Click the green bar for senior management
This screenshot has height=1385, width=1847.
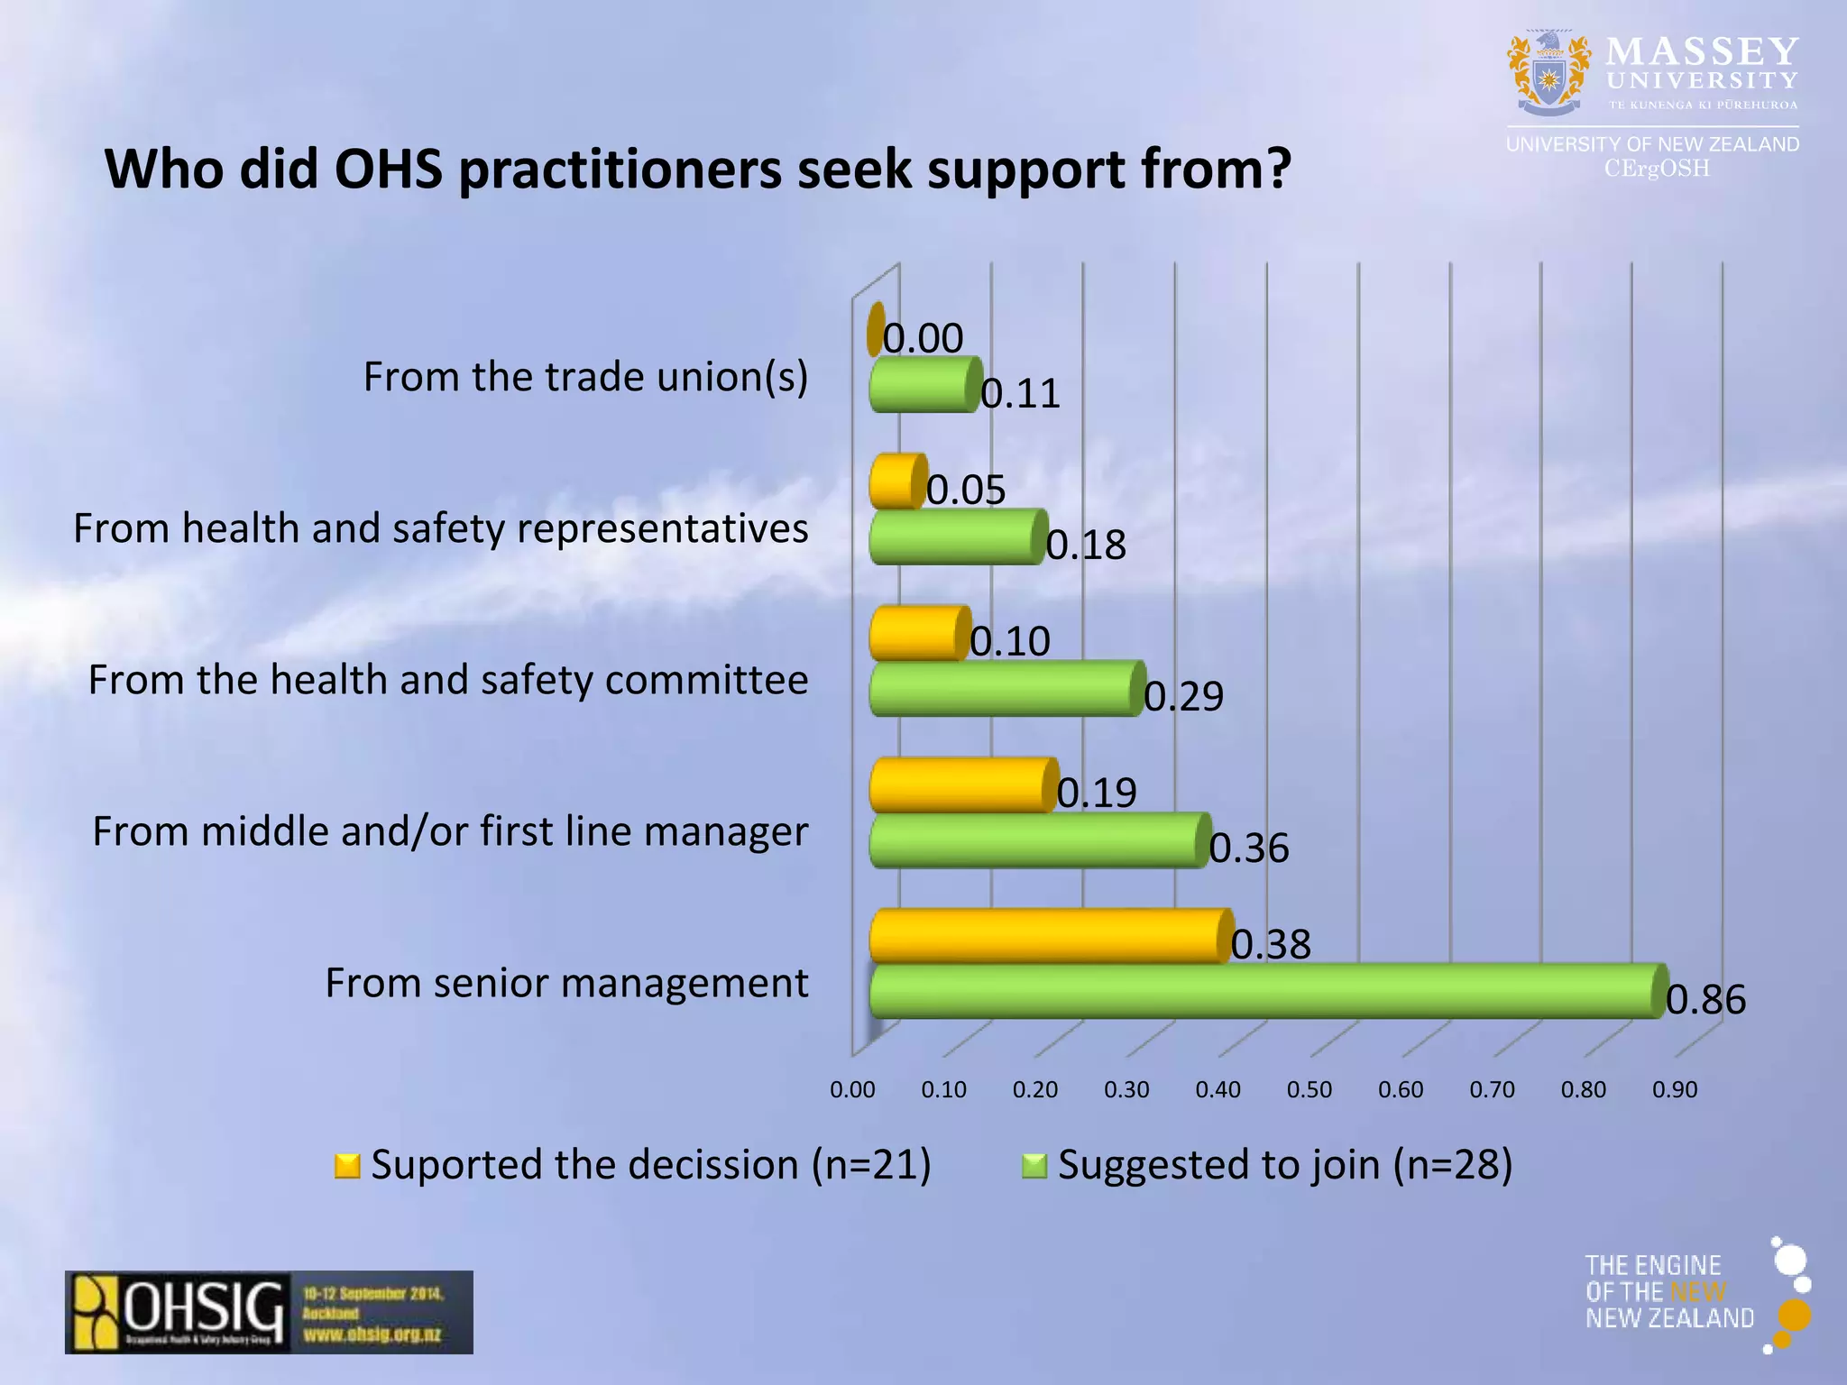1263,991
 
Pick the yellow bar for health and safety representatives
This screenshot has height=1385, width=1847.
896,482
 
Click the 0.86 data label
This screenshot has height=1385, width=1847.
1705,1000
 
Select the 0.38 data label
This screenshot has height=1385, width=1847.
1271,945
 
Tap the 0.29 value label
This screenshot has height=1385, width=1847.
1183,697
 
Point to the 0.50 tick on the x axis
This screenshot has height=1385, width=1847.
1309,1090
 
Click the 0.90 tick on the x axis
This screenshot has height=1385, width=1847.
1675,1090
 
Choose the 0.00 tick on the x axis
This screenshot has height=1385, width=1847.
852,1090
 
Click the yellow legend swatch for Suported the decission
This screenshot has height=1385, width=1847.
347,1166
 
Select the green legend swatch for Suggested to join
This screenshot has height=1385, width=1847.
1034,1166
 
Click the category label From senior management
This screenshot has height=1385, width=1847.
566,983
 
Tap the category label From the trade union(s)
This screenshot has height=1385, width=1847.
585,377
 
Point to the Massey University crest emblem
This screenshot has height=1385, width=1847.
1548,74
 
